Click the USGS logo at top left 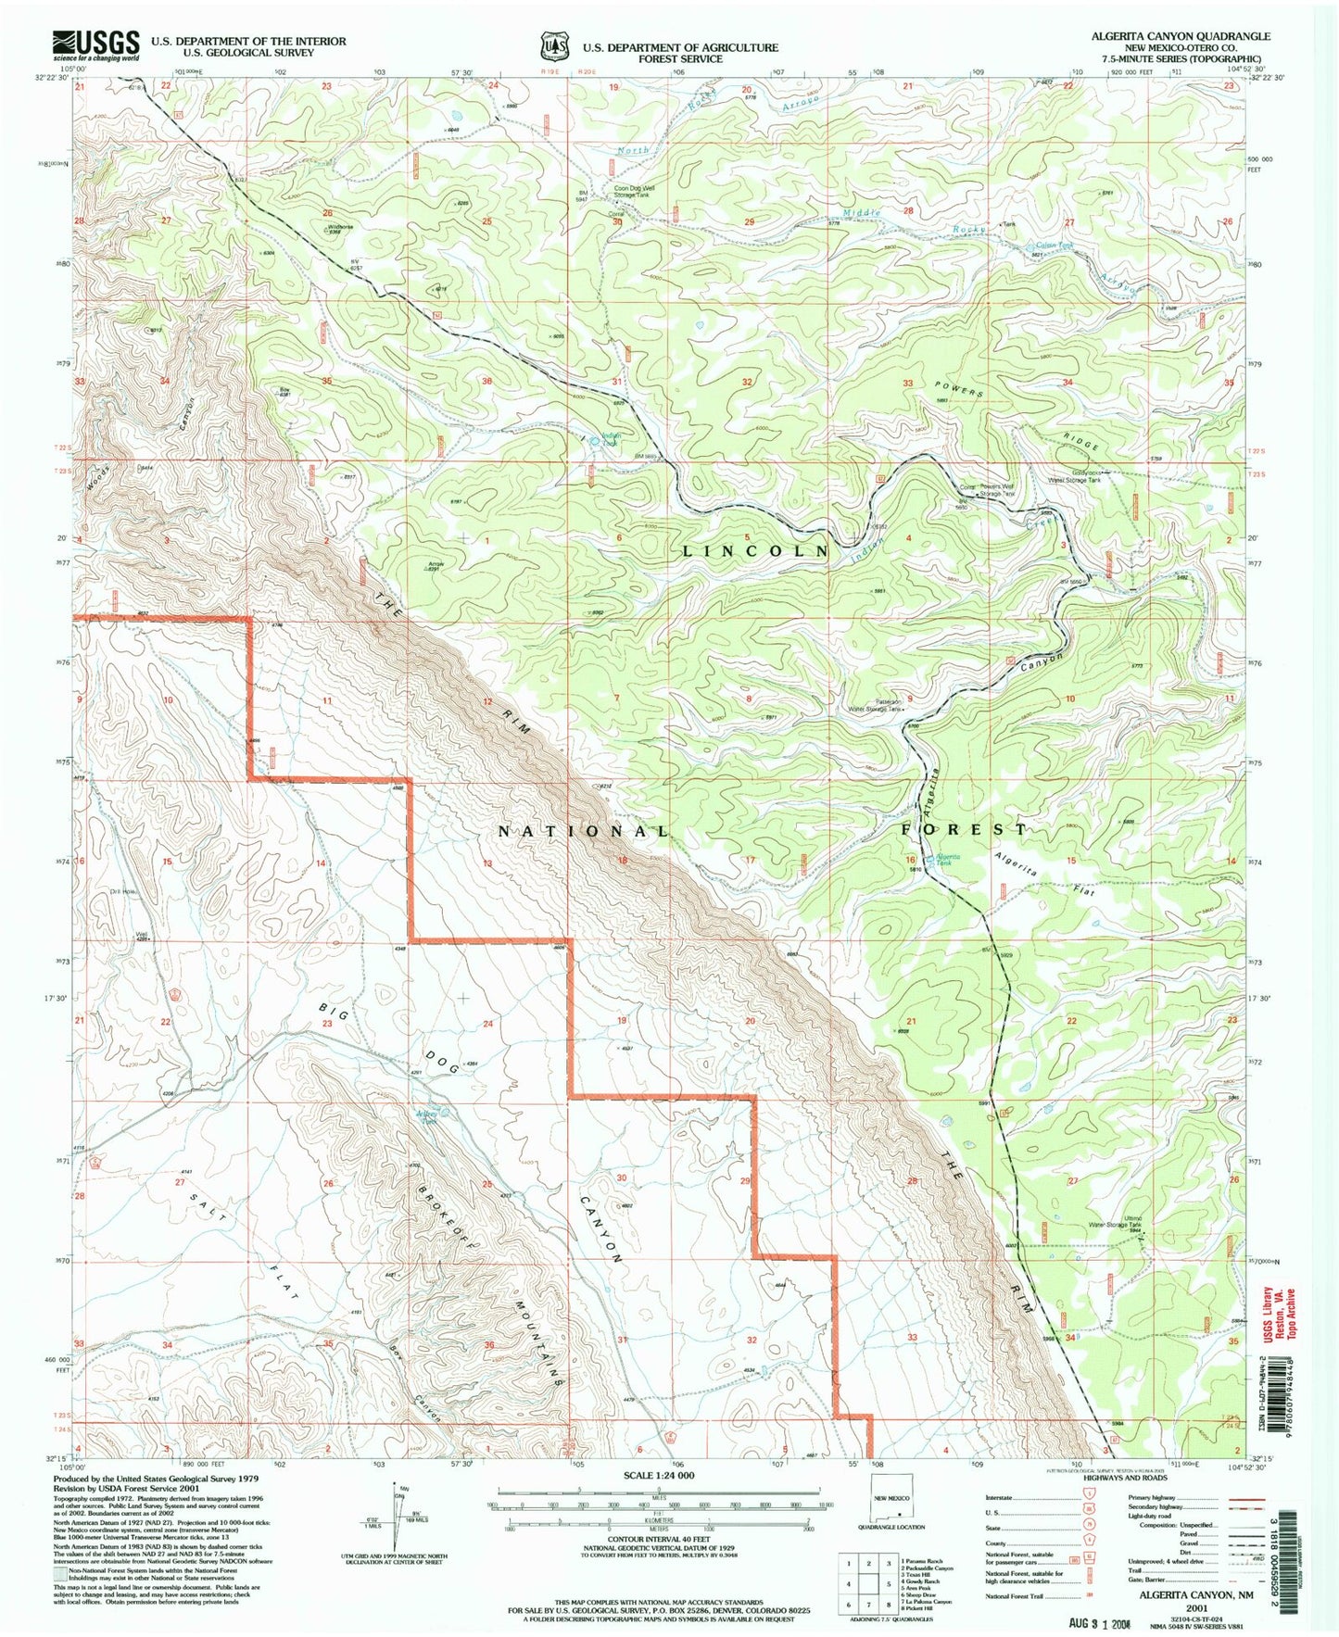(95, 44)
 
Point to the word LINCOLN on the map (755, 550)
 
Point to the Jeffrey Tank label (427, 1118)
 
